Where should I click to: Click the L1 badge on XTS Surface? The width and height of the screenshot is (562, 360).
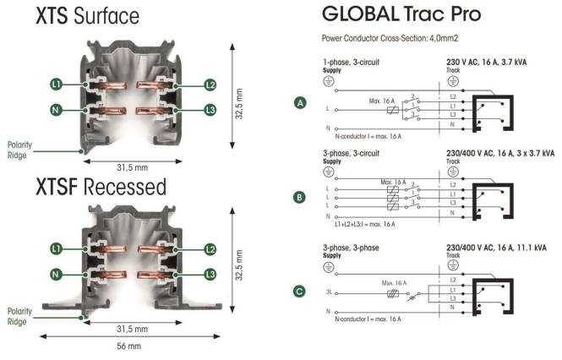(57, 85)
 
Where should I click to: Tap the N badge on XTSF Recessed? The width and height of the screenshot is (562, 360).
(56, 275)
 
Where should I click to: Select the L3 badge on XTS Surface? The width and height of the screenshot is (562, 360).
(210, 110)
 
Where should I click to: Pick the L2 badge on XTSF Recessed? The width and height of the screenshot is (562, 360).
(210, 249)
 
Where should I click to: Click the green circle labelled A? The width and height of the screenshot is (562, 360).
(300, 103)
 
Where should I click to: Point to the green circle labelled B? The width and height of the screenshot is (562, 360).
(299, 197)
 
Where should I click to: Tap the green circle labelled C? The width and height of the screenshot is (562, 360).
(299, 292)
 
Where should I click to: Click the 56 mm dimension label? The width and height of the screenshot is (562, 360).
(129, 346)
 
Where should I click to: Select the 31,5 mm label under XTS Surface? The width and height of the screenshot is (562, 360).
(132, 167)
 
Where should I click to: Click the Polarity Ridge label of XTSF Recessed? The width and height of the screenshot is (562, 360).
(19, 316)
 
